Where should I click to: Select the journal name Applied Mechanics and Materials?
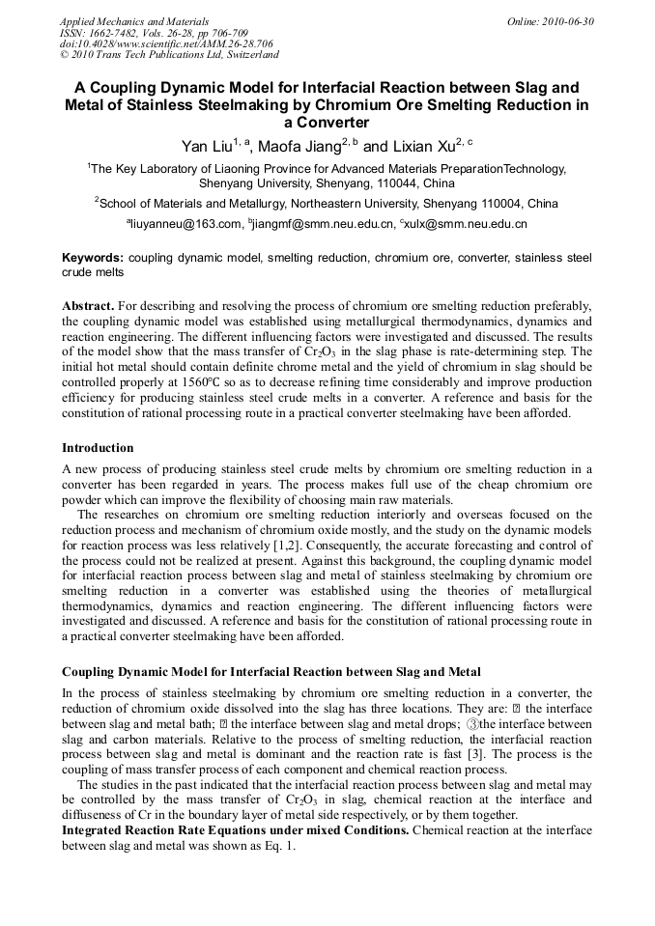tap(134, 21)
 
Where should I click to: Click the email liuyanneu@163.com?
tap(187, 224)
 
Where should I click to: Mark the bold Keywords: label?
tap(93, 259)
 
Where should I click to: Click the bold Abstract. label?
tap(88, 305)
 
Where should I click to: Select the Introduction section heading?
tap(98, 448)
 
